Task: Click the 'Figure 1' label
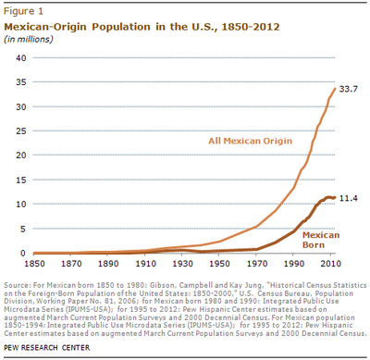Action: click(25, 10)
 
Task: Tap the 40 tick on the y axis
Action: click(20, 57)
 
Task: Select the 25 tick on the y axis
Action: click(20, 130)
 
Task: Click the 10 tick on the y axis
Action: click(20, 204)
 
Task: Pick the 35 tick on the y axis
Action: click(20, 82)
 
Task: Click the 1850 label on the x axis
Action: click(31, 264)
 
